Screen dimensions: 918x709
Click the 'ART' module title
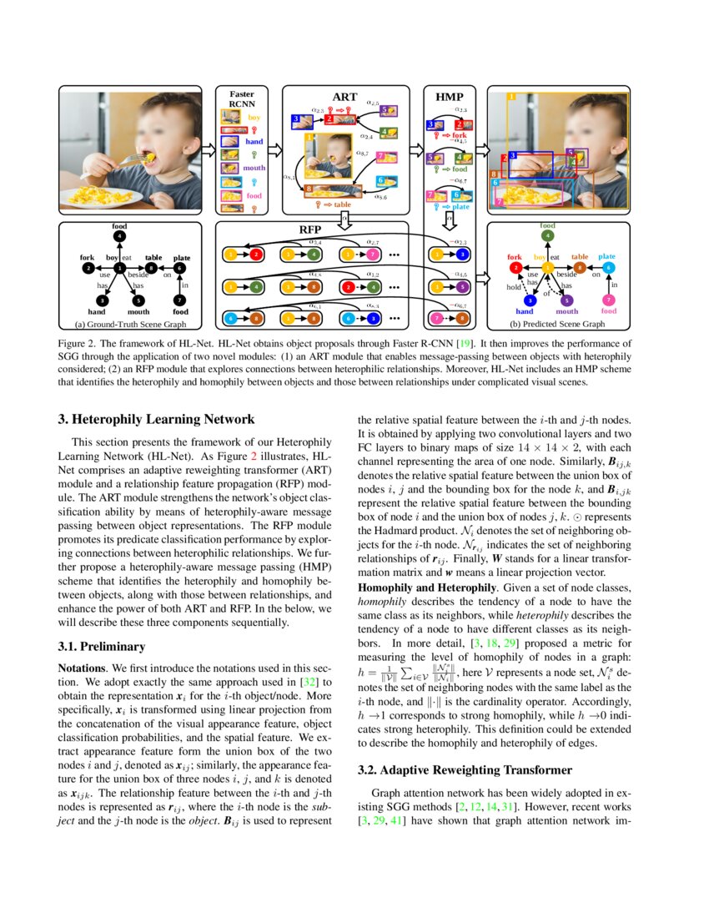[344, 97]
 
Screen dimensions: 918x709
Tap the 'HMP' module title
[450, 97]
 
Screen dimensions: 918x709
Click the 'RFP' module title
[310, 229]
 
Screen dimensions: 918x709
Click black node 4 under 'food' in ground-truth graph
[121, 236]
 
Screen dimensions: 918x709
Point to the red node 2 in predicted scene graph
[516, 268]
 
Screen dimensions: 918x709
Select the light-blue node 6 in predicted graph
[608, 268]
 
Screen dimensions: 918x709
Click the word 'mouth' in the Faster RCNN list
[254, 168]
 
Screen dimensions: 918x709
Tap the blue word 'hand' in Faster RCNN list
[254, 142]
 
